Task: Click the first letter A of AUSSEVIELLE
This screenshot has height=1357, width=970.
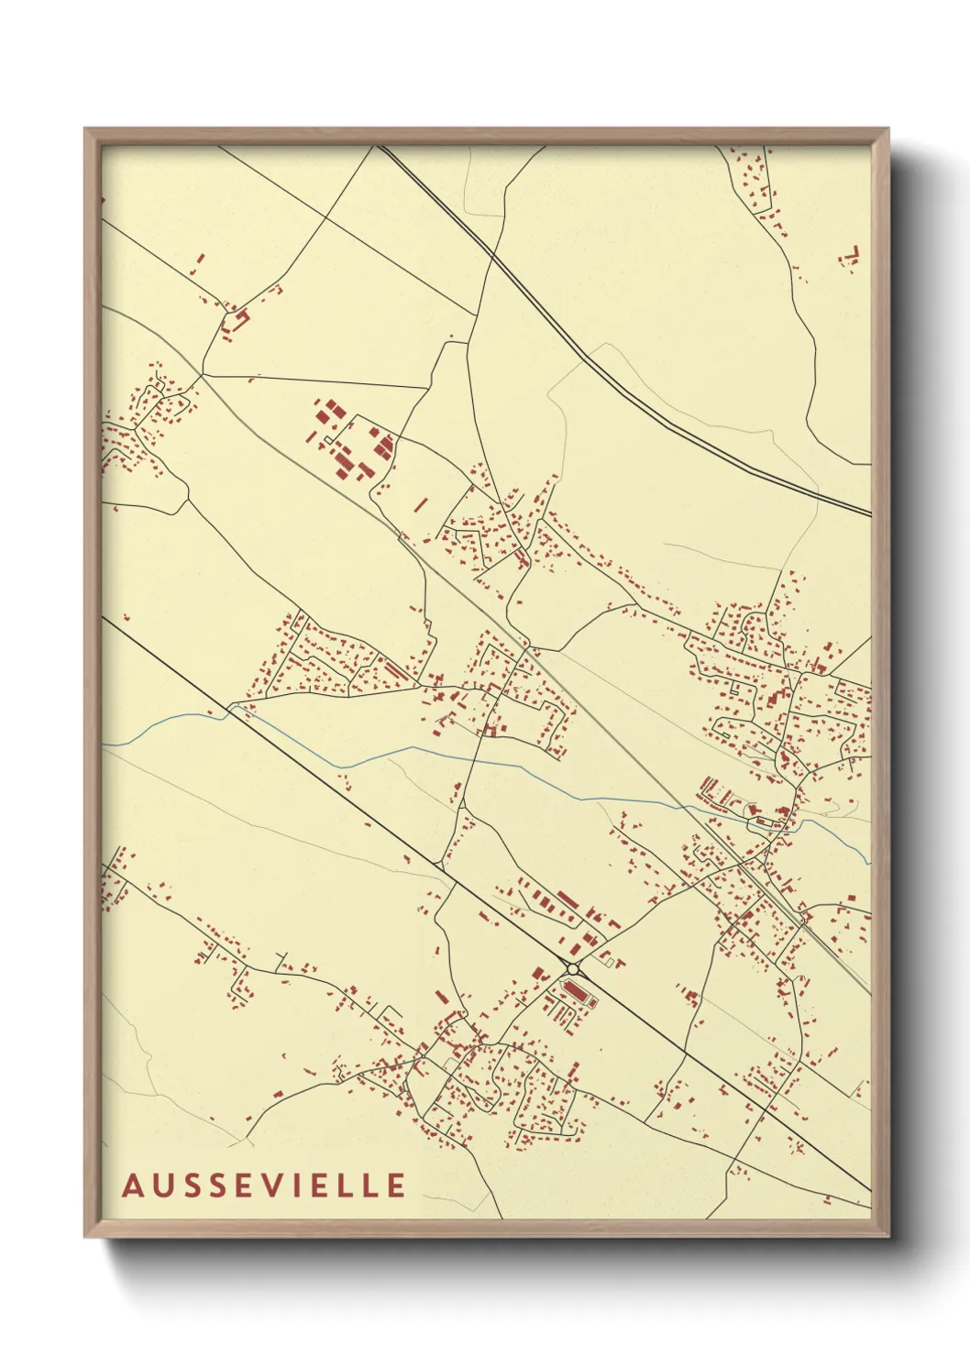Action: click(x=132, y=1186)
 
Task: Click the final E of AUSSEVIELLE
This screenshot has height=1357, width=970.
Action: click(x=396, y=1186)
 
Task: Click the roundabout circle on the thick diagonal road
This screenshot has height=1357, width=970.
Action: click(x=573, y=969)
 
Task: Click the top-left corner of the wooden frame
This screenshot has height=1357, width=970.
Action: click(x=85, y=129)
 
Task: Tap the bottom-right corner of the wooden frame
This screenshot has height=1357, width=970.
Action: click(x=887, y=1235)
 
